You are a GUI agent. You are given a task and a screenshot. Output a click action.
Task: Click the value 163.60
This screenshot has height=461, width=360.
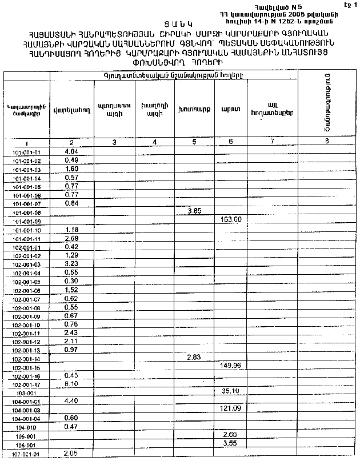point(231,219)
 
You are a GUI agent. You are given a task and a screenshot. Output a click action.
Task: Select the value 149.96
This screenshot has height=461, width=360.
point(231,365)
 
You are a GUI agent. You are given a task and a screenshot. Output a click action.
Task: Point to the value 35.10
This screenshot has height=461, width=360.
point(230,391)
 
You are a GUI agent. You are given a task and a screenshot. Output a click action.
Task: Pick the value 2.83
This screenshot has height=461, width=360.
point(195,357)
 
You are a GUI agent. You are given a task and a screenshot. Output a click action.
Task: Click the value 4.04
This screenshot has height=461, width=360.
point(71,151)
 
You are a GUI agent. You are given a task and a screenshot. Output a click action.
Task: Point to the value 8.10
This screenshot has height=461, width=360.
point(71,384)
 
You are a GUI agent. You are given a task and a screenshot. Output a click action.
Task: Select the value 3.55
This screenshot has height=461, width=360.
point(230,443)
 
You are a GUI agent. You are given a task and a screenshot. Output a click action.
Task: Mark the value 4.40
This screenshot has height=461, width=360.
point(71,400)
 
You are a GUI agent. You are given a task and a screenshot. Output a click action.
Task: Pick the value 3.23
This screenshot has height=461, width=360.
point(71,263)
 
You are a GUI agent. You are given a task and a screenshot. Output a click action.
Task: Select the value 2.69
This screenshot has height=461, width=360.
point(71,238)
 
